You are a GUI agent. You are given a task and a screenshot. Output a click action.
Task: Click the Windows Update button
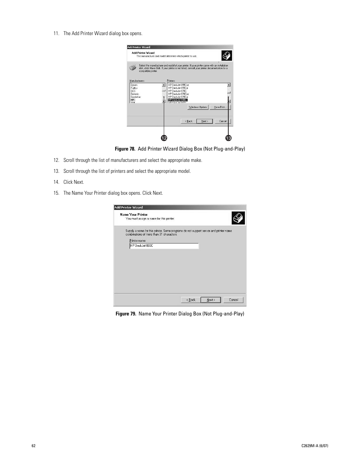tap(198, 107)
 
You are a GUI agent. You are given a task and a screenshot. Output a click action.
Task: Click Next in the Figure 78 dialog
tap(204, 121)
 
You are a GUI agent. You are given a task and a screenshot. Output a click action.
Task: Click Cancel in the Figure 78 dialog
tap(223, 121)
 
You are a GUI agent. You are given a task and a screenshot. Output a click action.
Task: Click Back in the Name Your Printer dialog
tap(191, 300)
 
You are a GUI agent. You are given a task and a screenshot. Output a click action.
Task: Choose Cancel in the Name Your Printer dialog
tap(234, 300)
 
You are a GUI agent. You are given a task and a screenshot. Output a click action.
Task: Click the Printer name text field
tap(164, 246)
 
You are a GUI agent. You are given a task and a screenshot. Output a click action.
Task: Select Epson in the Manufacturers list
tap(134, 85)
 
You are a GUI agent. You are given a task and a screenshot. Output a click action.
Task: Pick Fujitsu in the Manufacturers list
tap(134, 88)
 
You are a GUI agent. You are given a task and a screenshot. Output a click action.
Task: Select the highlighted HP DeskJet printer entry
tap(178, 100)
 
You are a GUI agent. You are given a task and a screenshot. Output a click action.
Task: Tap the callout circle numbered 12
tap(164, 138)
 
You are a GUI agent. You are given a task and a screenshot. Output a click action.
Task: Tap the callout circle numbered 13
tap(229, 138)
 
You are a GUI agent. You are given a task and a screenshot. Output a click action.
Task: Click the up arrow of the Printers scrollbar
tap(229, 85)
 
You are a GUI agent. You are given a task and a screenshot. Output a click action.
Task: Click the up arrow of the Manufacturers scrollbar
tap(164, 85)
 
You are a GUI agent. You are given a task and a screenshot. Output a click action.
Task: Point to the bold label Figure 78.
tap(127, 149)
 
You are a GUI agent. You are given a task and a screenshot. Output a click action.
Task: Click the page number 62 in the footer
tap(34, 446)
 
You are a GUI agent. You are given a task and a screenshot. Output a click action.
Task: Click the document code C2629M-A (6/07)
tap(313, 446)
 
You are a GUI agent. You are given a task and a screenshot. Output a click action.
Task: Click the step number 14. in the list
tap(56, 182)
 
